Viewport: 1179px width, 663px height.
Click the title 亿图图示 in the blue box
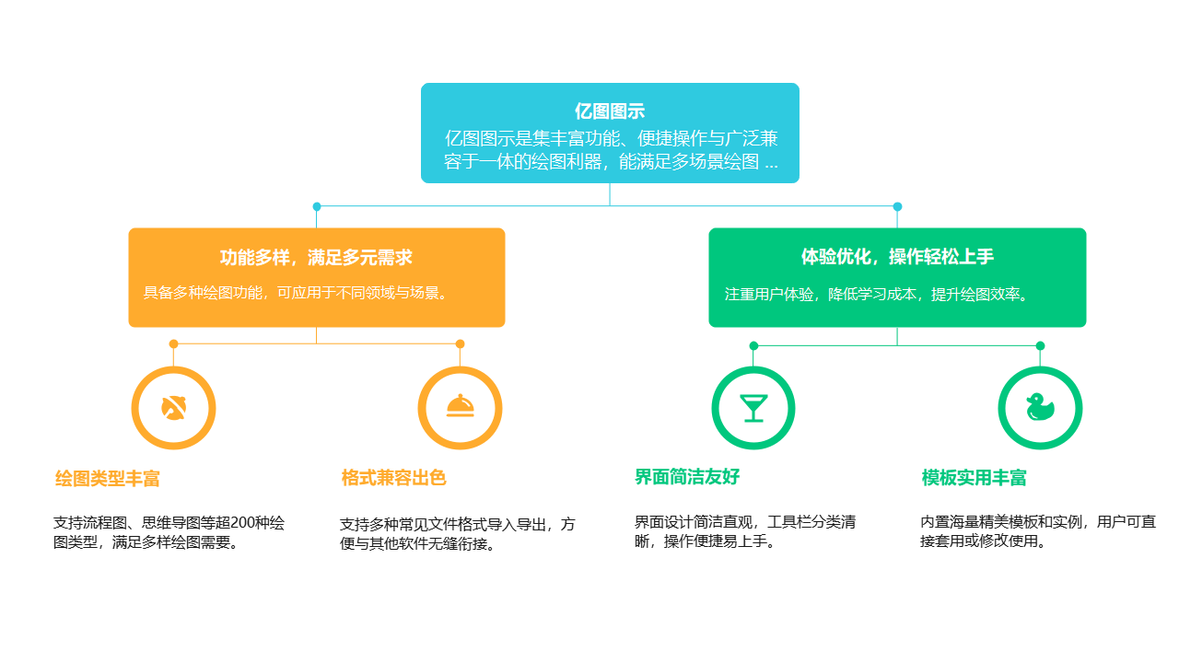tap(609, 111)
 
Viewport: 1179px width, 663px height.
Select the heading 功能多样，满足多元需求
tap(316, 258)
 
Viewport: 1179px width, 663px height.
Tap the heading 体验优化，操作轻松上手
tap(897, 257)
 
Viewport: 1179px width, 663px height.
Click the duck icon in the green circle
tap(1040, 407)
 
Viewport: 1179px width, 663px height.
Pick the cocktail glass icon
tap(753, 407)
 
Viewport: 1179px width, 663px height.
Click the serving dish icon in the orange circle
tap(460, 407)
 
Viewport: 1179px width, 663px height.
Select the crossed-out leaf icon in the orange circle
tap(173, 407)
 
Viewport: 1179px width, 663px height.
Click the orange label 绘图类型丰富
tap(108, 479)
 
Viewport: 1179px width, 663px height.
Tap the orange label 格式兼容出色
tap(394, 478)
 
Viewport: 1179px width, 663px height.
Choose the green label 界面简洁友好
tap(687, 477)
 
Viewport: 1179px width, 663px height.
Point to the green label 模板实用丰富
tap(975, 478)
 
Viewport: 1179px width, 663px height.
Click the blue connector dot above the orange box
tap(317, 206)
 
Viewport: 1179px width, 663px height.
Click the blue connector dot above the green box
tap(897, 206)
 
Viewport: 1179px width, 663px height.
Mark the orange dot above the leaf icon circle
tap(173, 343)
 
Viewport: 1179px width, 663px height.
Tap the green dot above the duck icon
tap(1040, 345)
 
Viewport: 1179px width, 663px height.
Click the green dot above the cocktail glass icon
tap(753, 345)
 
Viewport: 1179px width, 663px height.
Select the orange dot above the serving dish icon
tap(460, 343)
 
